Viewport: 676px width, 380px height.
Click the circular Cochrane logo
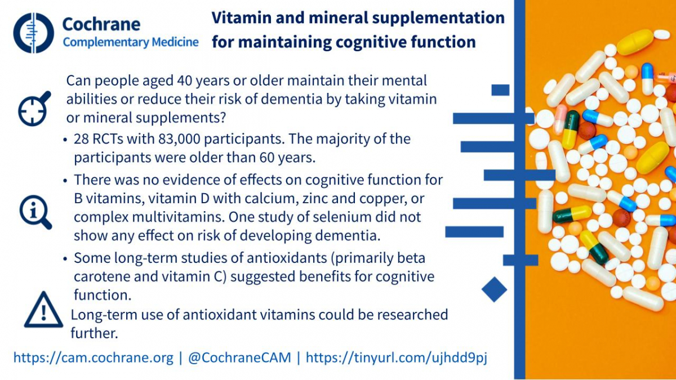pyautogui.click(x=33, y=33)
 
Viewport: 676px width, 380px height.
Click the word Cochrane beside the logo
pyautogui.click(x=101, y=24)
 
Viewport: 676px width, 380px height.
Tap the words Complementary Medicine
pyautogui.click(x=130, y=42)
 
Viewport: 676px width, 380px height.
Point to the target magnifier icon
pyautogui.click(x=34, y=109)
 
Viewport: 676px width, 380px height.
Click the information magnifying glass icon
pyautogui.click(x=35, y=212)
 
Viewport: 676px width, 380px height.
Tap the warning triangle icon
pyautogui.click(x=44, y=310)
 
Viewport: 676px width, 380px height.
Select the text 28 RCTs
pyautogui.click(x=99, y=139)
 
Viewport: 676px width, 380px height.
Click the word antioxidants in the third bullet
pyautogui.click(x=287, y=258)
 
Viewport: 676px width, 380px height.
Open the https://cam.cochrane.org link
pyautogui.click(x=94, y=357)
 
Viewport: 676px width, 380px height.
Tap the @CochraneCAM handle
pyautogui.click(x=239, y=357)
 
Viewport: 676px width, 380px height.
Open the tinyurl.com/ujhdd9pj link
pyautogui.click(x=397, y=357)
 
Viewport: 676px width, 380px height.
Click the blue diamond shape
pyautogui.click(x=495, y=289)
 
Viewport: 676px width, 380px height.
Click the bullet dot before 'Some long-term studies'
pyautogui.click(x=65, y=259)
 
